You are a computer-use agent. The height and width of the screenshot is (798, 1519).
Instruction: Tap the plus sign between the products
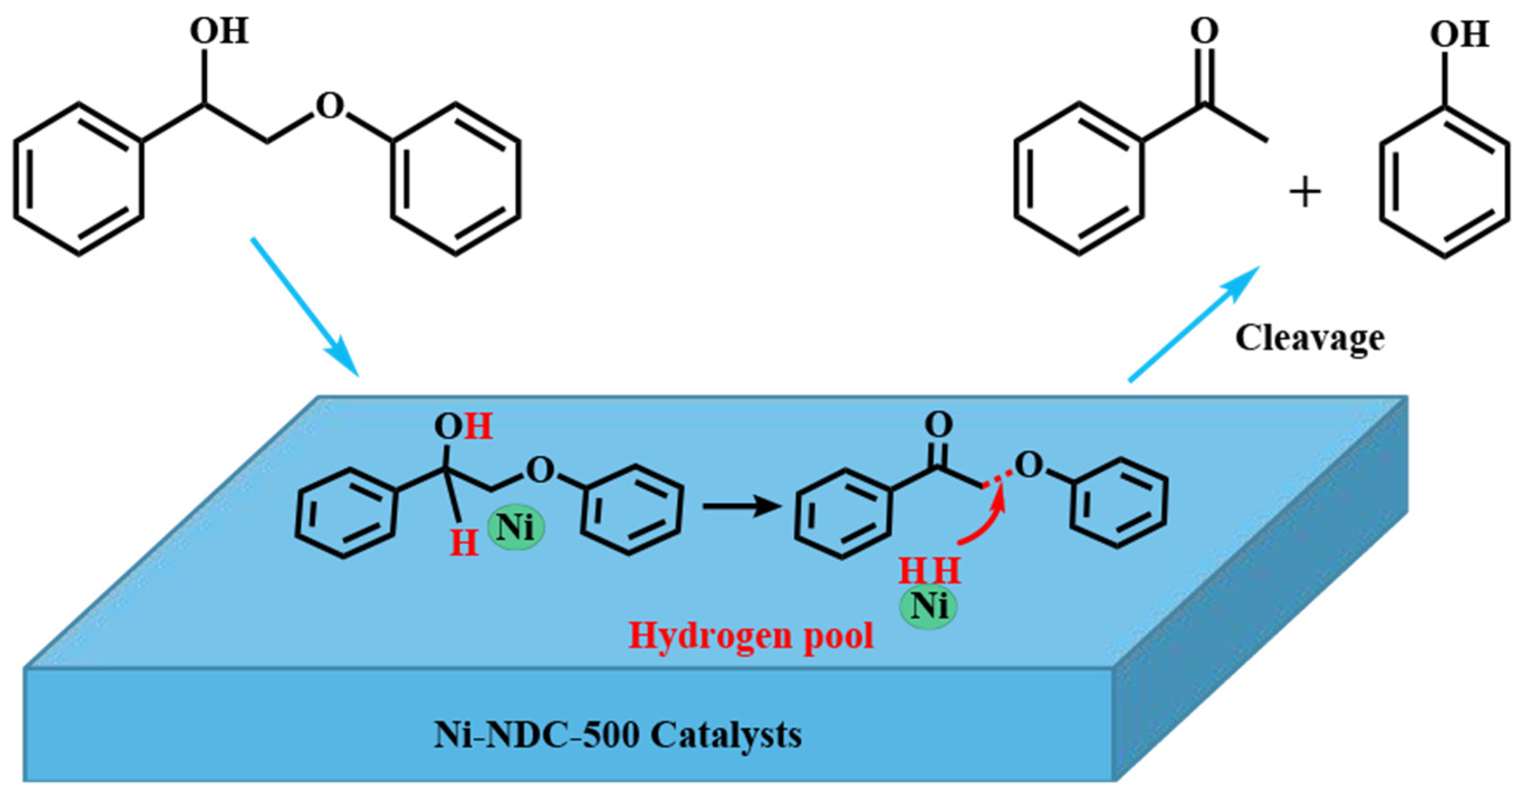[1305, 193]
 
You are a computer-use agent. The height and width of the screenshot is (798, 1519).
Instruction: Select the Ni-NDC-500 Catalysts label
[617, 735]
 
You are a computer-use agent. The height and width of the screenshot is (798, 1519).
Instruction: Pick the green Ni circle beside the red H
[516, 527]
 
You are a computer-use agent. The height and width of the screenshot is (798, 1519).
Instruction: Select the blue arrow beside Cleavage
[1194, 324]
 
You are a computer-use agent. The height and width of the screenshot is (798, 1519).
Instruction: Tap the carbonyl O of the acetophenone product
[1204, 31]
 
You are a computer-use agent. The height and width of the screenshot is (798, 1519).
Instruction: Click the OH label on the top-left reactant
[219, 31]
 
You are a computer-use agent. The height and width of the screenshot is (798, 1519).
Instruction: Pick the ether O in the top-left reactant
[329, 106]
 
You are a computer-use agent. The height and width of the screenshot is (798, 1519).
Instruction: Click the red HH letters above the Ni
[929, 571]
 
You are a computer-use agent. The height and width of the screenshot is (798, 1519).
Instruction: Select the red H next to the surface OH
[478, 426]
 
